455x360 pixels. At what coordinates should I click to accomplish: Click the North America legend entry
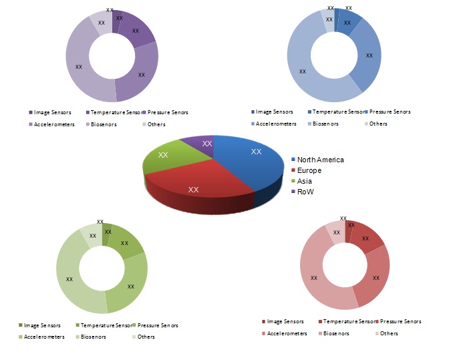click(320, 160)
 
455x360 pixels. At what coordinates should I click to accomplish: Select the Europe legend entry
click(309, 170)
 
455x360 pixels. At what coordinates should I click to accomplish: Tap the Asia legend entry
click(304, 181)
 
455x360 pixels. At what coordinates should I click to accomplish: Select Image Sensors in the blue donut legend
click(275, 112)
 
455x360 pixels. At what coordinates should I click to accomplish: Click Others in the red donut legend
click(389, 333)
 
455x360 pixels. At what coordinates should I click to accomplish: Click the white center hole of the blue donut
click(334, 55)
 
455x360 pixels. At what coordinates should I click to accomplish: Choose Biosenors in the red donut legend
click(335, 333)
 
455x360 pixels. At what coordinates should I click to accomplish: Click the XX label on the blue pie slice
click(256, 152)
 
